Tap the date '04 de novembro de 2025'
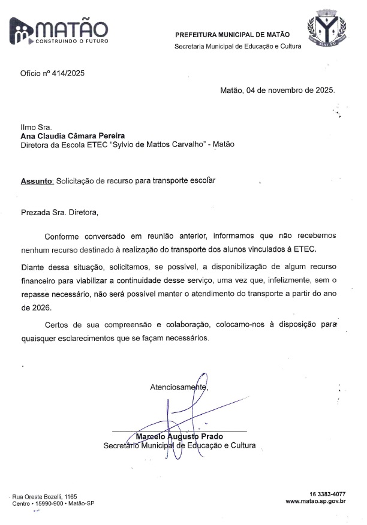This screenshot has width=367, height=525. pos(290,91)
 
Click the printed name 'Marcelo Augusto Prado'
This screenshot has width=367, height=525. pos(180,436)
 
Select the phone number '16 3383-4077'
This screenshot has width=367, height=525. pos(327,493)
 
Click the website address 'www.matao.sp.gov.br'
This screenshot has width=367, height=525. pos(315,501)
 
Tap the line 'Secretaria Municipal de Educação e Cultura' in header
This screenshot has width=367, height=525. pos(237,46)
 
